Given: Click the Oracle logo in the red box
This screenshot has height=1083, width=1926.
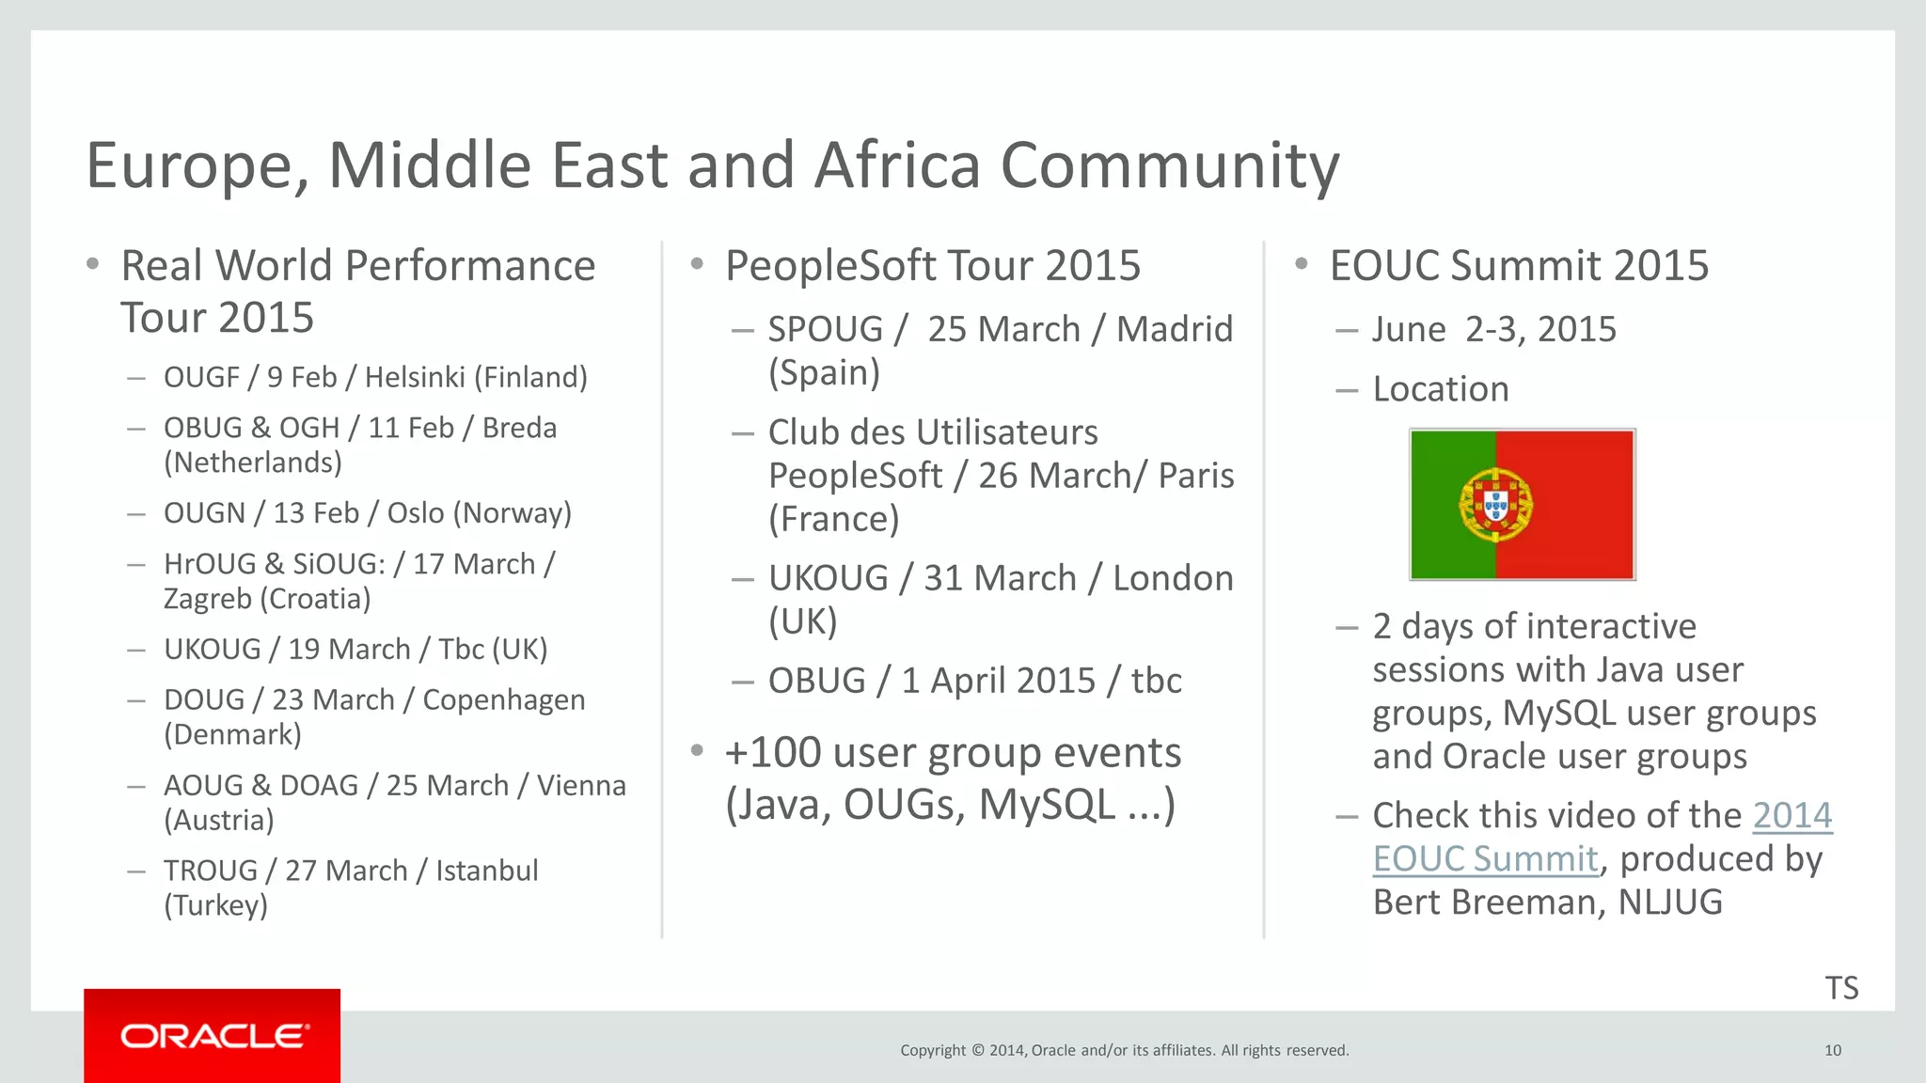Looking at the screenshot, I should (x=214, y=1036).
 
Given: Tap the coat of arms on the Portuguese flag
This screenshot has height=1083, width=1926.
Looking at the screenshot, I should (x=1495, y=505).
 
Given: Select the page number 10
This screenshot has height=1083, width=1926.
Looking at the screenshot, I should (x=1832, y=1050).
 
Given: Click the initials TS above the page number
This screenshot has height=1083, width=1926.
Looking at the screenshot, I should (x=1841, y=988).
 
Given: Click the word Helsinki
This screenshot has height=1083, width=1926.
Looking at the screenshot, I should (x=415, y=377).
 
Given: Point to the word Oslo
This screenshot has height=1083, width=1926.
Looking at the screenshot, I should (x=415, y=513).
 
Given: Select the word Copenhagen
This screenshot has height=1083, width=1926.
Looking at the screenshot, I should (x=503, y=700).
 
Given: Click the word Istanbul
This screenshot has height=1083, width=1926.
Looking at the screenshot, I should (x=486, y=871).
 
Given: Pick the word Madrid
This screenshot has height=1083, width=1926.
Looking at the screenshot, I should (x=1174, y=329).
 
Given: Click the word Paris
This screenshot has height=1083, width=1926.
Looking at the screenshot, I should (x=1195, y=476).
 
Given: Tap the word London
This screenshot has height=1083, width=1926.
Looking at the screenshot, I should (x=1172, y=578).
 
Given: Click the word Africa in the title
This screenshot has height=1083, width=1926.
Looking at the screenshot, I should (x=897, y=165).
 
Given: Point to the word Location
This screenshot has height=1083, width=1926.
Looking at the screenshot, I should (x=1440, y=389).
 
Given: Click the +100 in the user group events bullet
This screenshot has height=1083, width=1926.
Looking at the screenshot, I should (x=773, y=753).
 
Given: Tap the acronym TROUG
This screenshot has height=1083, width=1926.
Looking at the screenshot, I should (x=211, y=871).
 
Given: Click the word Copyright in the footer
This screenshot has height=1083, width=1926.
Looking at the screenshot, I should (x=932, y=1050).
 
